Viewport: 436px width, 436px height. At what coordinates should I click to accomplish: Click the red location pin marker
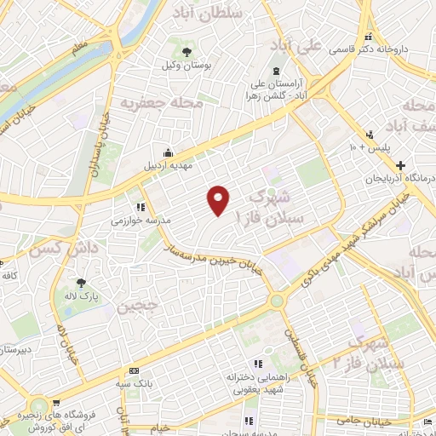219,199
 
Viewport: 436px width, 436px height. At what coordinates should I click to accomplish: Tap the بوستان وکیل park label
186,65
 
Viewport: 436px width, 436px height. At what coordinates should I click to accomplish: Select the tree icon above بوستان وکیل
186,50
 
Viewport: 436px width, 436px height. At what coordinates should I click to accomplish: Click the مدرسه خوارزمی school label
142,220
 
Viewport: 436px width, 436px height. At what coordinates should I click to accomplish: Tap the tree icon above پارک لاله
82,282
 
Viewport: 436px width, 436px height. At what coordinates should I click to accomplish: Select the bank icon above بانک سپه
135,370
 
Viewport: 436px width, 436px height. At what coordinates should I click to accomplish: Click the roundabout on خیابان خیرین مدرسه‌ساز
277,301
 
